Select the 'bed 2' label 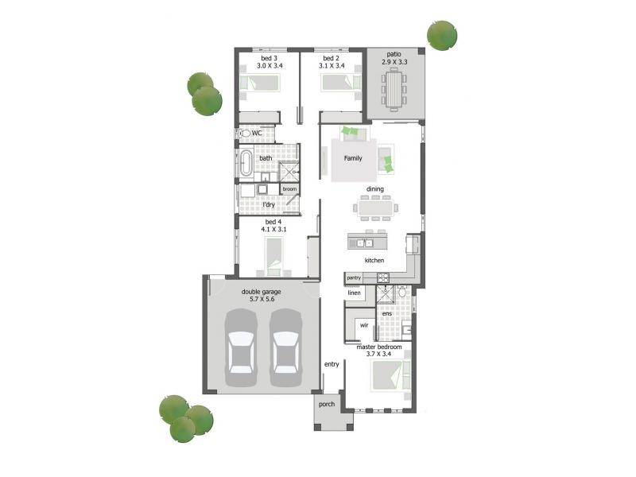click(332, 58)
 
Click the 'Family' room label click(353, 158)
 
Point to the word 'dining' click(375, 189)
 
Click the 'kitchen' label click(374, 261)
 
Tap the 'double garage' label click(262, 292)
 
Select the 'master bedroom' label click(379, 347)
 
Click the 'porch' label click(327, 404)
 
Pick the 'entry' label click(332, 364)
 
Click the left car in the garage click(241, 342)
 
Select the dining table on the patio click(394, 89)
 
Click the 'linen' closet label click(354, 293)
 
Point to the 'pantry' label click(354, 277)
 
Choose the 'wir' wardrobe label click(363, 325)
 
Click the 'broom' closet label click(289, 188)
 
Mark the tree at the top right click(442, 35)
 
